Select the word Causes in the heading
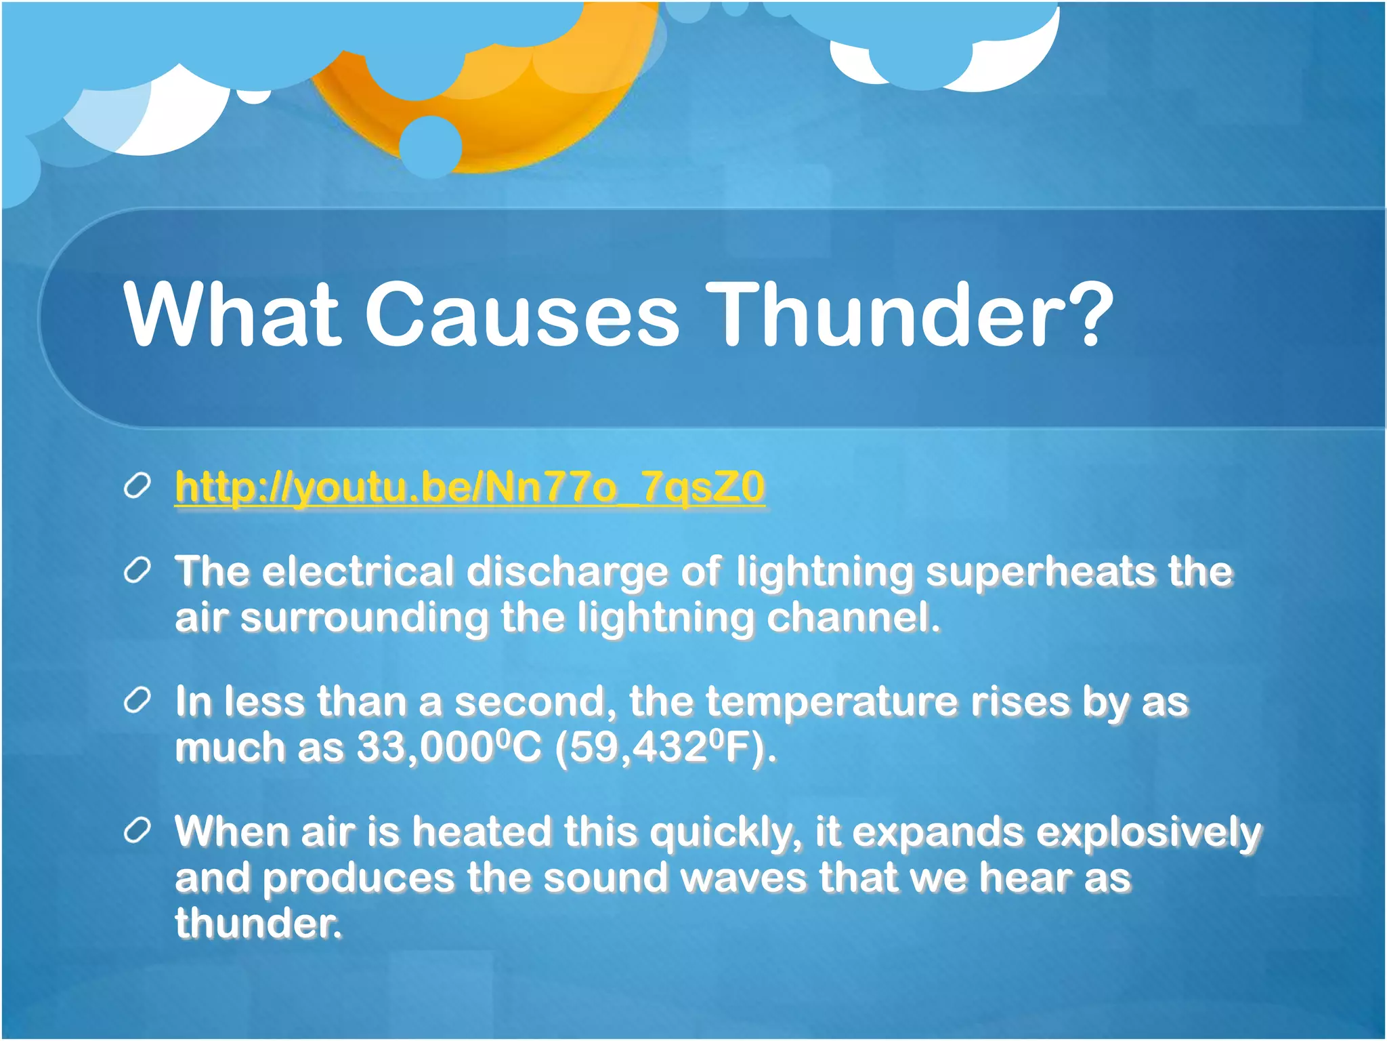click(x=521, y=315)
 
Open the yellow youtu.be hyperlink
click(x=469, y=487)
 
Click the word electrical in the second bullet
click(x=358, y=571)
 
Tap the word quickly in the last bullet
click(x=722, y=833)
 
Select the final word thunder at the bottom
click(x=257, y=924)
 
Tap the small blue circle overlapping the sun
click(x=430, y=146)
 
